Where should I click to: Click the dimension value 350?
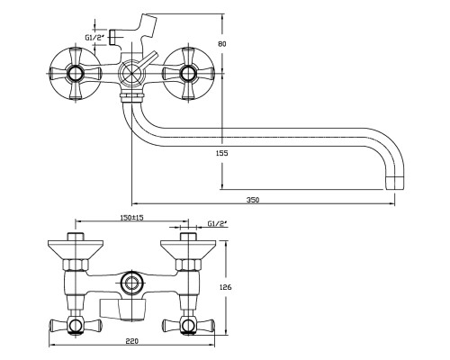coord(253,200)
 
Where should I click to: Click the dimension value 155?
coord(222,153)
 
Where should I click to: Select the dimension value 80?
coord(222,44)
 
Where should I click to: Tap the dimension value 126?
coord(226,287)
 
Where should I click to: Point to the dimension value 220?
coord(132,341)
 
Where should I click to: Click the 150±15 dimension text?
coord(130,218)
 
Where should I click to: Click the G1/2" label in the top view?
coord(94,38)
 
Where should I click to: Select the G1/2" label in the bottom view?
coord(218,224)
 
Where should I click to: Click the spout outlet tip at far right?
coord(395,183)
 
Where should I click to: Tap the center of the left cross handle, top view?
coord(75,73)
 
